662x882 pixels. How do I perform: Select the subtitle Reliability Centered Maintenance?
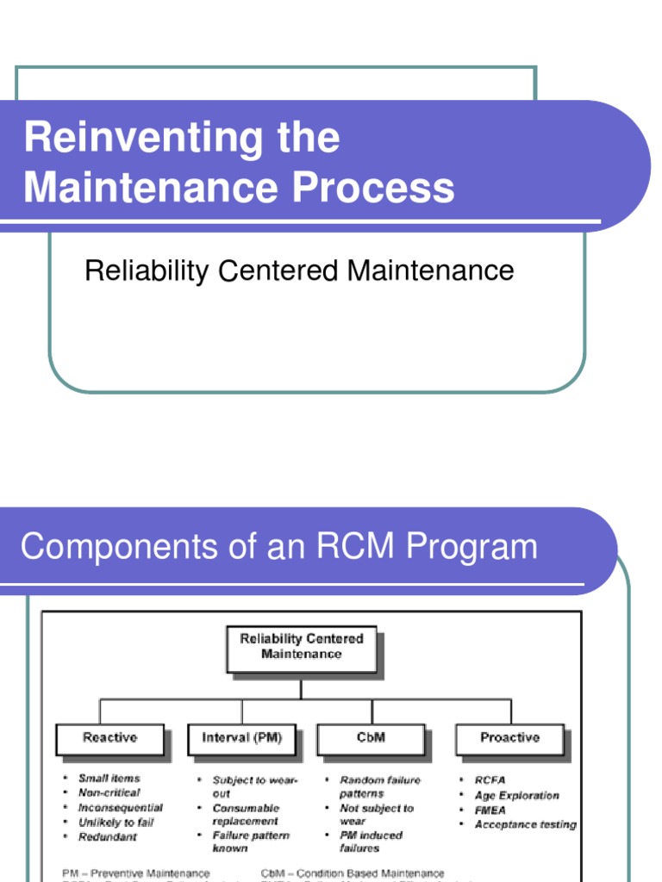(299, 271)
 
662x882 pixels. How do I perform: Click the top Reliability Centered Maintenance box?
(301, 648)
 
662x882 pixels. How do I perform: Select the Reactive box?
(109, 738)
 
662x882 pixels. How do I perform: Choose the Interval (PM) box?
(241, 738)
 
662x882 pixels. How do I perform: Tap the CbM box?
(372, 738)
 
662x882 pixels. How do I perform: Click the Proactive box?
(509, 738)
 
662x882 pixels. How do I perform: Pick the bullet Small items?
(109, 779)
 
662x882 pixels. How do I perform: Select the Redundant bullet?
(107, 837)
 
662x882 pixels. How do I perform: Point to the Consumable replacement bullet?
(246, 815)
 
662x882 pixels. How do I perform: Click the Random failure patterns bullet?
(379, 786)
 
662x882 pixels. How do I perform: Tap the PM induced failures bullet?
(371, 842)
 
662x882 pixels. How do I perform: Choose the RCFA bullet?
(490, 780)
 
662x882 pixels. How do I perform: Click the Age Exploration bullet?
(516, 795)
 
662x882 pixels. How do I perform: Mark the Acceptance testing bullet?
(524, 824)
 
